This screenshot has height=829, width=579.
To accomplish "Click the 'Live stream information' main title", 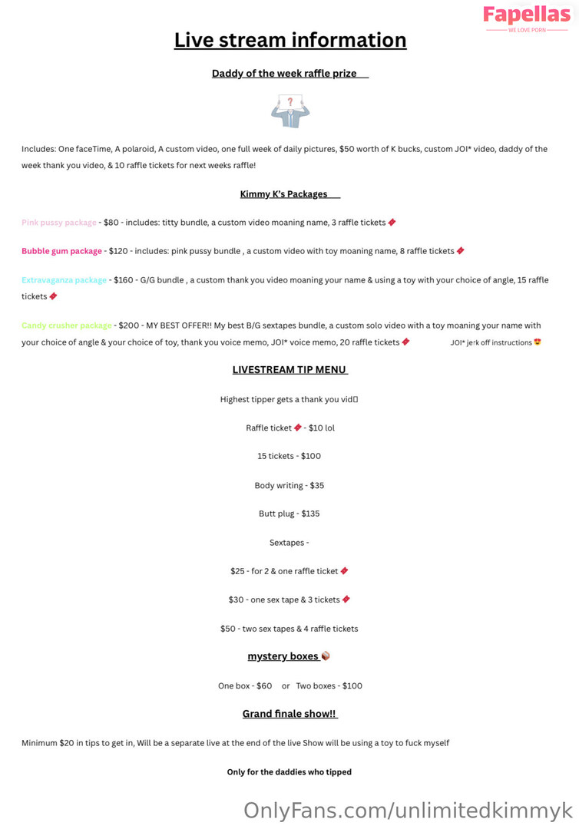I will pyautogui.click(x=289, y=40).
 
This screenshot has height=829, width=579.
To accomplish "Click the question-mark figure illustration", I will pyautogui.click(x=289, y=111).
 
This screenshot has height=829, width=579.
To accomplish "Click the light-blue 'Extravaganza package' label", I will pyautogui.click(x=65, y=280).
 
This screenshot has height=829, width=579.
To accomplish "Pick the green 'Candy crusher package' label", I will pyautogui.click(x=67, y=325).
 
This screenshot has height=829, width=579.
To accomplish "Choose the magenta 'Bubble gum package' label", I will pyautogui.click(x=61, y=251).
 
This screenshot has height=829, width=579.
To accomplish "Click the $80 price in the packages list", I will pyautogui.click(x=111, y=223).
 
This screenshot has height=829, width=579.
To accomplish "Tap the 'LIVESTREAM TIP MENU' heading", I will pyautogui.click(x=289, y=370).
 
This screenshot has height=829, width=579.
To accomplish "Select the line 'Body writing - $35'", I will pyautogui.click(x=289, y=485).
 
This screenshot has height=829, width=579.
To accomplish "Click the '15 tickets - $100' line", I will pyautogui.click(x=289, y=456).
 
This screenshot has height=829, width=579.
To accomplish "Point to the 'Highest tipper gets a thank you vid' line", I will pyautogui.click(x=289, y=399).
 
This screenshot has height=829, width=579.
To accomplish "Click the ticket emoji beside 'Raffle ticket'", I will pyautogui.click(x=298, y=428).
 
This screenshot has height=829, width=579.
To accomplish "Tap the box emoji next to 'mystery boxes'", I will pyautogui.click(x=326, y=656).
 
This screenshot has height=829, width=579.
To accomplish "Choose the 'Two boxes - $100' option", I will pyautogui.click(x=329, y=685).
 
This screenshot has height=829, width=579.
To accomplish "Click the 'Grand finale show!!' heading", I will pyautogui.click(x=289, y=714).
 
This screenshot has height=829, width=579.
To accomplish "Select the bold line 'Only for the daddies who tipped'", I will pyautogui.click(x=289, y=772).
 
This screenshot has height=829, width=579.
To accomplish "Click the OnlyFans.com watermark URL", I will pyautogui.click(x=408, y=810).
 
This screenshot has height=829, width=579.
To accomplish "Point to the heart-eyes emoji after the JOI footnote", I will pyautogui.click(x=538, y=342).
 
